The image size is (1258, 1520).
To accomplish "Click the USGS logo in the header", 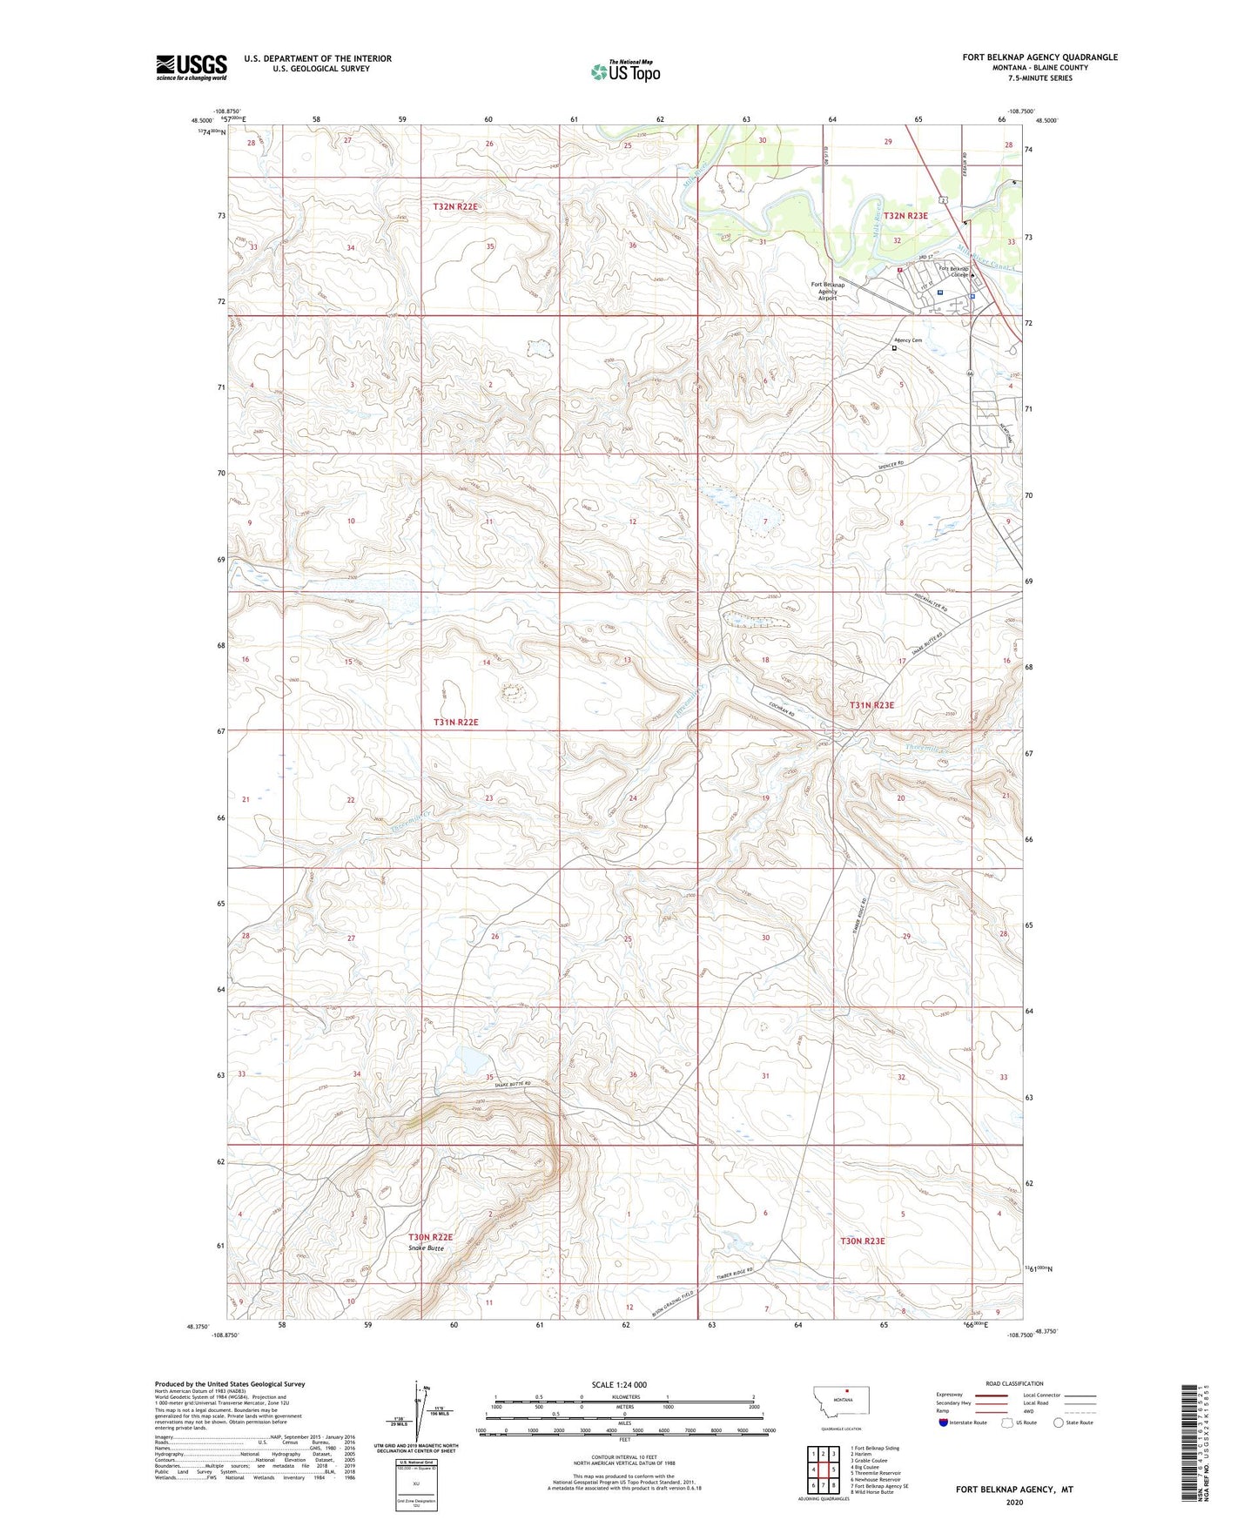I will [192, 67].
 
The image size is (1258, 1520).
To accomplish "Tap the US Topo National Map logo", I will [623, 71].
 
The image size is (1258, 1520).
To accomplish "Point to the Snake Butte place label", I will [427, 1248].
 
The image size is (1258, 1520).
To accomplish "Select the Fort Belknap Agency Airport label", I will [827, 291].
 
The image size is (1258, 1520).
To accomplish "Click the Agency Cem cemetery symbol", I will [894, 347].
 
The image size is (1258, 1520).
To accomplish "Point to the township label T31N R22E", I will [456, 723].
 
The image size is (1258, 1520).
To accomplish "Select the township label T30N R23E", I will [862, 1241].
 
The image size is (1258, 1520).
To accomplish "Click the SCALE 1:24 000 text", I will [619, 1385].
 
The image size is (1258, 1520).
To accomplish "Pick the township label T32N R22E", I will [456, 207].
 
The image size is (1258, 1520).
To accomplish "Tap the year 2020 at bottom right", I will [1014, 1502].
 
